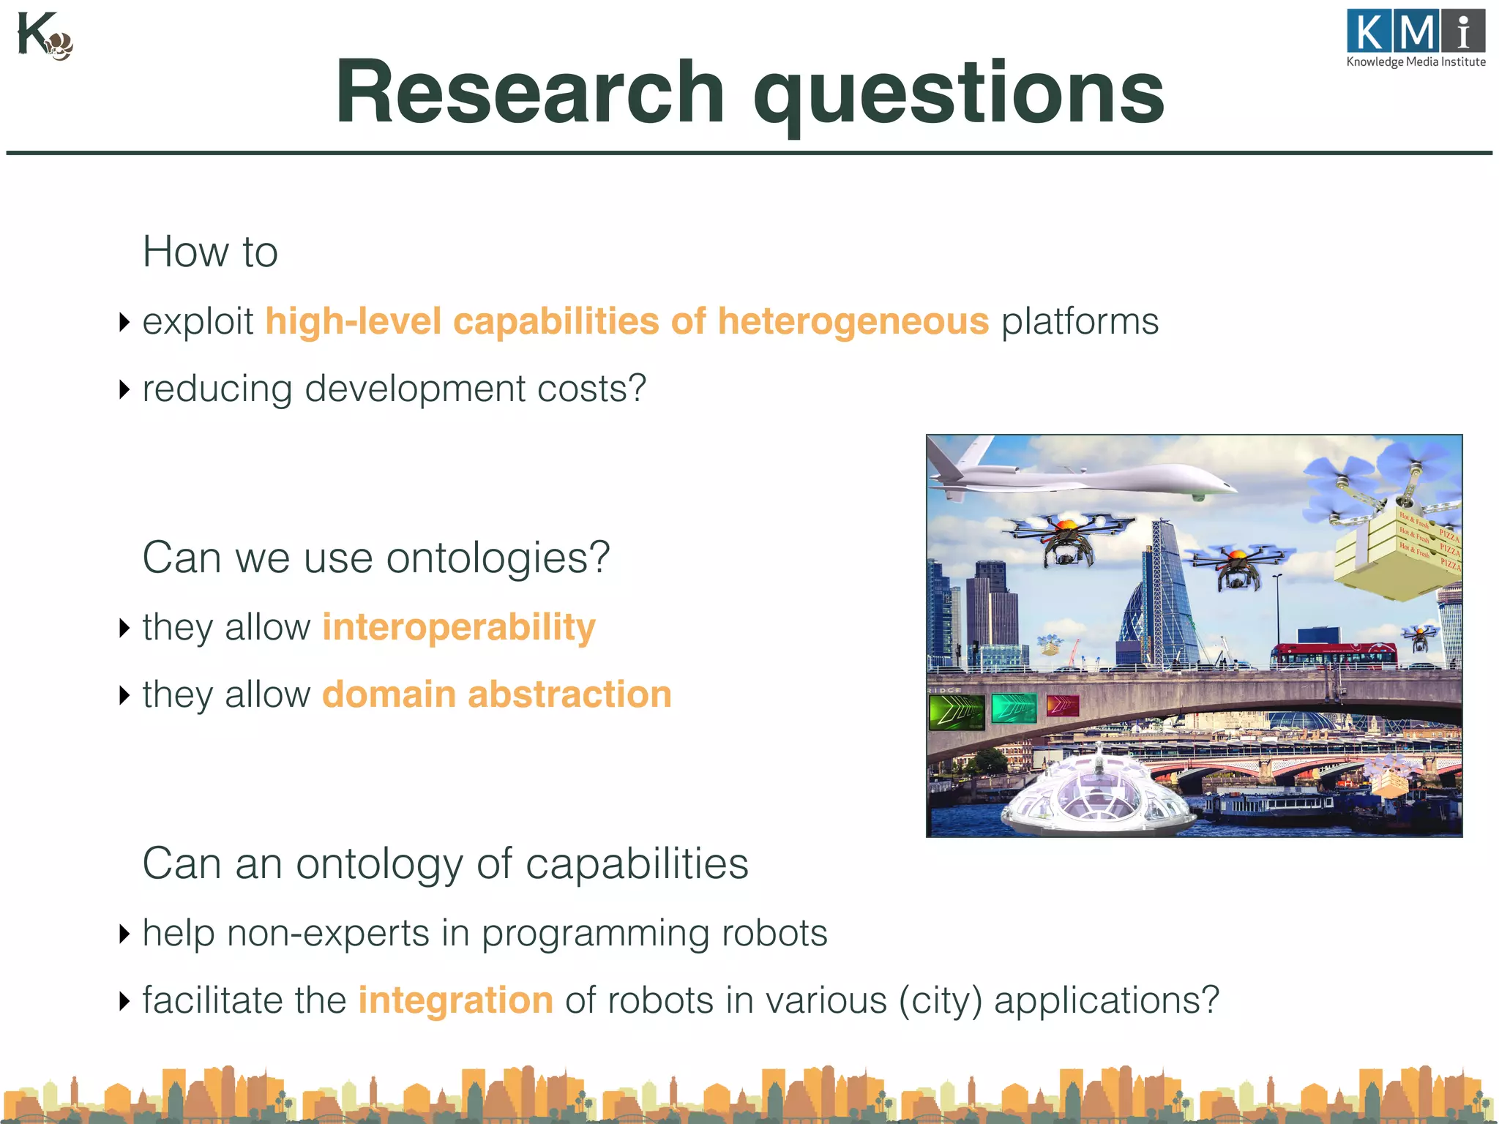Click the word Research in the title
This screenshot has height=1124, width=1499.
point(529,93)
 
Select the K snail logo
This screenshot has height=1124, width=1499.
point(44,37)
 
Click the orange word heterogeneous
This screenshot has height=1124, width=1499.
point(853,321)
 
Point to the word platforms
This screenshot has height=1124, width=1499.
point(1080,321)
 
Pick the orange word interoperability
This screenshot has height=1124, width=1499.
point(459,627)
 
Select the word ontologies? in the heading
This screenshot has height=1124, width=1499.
point(498,558)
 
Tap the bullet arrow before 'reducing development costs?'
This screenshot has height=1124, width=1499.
point(124,389)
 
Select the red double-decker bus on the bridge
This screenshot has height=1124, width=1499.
point(1332,654)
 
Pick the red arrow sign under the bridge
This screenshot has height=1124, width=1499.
point(1062,706)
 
